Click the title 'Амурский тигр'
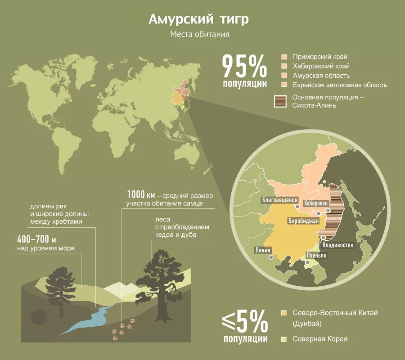pos(198,20)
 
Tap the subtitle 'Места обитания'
pos(200,35)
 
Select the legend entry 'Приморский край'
pos(320,57)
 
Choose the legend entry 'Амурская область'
pos(321,76)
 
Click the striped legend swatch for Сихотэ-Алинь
pos(280,101)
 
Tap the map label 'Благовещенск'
pos(279,200)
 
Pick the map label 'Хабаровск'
pos(318,203)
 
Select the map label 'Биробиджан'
pos(304,221)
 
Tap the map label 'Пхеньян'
pos(316,256)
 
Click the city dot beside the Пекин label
pos(271,257)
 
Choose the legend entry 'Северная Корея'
pos(319,339)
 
